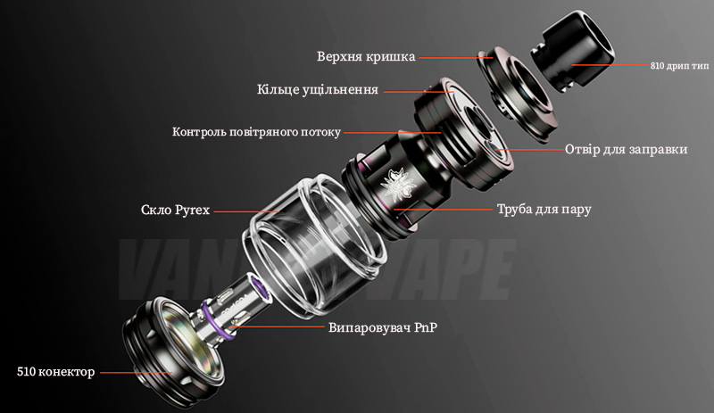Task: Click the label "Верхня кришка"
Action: click(366, 57)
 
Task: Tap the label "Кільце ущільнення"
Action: click(318, 90)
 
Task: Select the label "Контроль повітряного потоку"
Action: click(256, 132)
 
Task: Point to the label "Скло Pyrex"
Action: click(175, 210)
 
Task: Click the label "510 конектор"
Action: click(56, 372)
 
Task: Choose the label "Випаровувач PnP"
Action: click(383, 327)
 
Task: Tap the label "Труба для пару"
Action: click(544, 209)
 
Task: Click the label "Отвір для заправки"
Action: click(627, 149)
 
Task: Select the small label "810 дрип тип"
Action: click(679, 66)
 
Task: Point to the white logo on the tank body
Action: click(395, 184)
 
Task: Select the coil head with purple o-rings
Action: click(237, 302)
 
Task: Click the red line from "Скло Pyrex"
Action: click(246, 211)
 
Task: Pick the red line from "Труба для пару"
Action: click(443, 210)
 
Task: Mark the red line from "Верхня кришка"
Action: click(456, 58)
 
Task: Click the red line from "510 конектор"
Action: click(137, 373)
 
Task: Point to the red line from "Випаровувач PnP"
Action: click(278, 326)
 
